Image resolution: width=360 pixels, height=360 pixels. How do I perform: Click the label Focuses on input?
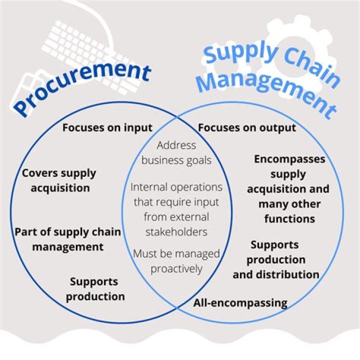(x=107, y=127)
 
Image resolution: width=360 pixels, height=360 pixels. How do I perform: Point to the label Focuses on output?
(x=247, y=127)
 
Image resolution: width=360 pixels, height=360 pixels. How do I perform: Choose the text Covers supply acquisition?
(x=59, y=180)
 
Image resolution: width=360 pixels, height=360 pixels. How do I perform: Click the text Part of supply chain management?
(x=67, y=239)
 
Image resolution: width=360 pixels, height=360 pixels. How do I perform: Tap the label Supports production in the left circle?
(x=95, y=288)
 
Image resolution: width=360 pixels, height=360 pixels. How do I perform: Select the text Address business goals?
(x=176, y=153)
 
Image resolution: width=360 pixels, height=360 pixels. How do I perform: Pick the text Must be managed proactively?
(x=176, y=261)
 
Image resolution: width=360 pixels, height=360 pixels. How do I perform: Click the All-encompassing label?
(x=240, y=302)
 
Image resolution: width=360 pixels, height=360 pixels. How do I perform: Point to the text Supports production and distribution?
(x=275, y=259)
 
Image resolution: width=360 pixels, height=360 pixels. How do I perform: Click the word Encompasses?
(x=289, y=159)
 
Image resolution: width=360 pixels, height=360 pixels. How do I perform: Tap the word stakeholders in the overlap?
(x=176, y=232)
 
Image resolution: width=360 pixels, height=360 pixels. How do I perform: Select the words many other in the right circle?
(x=289, y=204)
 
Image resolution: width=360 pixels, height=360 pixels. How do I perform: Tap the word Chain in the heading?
(x=304, y=62)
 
